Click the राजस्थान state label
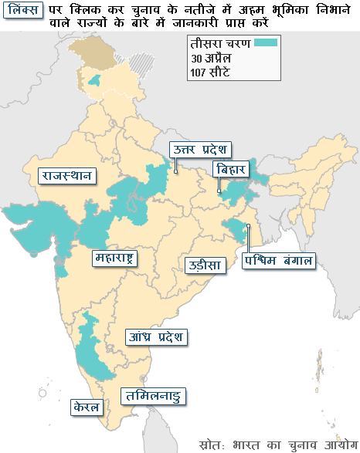(67, 175)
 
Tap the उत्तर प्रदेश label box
(202, 150)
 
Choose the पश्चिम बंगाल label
(278, 260)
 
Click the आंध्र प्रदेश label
(156, 337)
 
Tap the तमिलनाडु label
(155, 397)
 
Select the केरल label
(85, 406)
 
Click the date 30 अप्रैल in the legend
(212, 59)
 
